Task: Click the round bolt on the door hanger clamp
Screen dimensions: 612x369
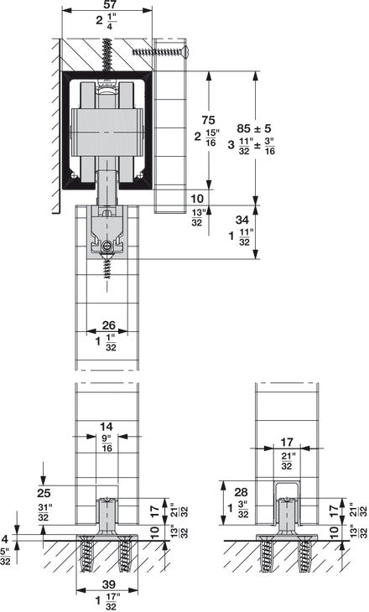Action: point(107,246)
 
